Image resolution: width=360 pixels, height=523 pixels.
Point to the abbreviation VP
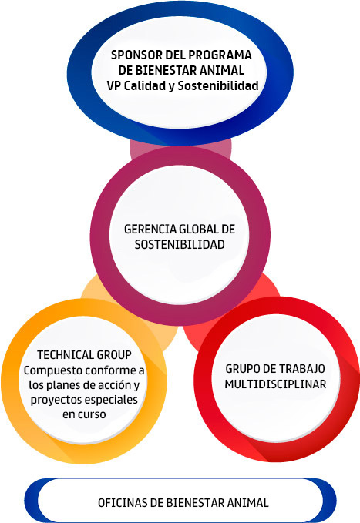point(114,85)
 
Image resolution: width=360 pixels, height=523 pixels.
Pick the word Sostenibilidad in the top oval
point(218,85)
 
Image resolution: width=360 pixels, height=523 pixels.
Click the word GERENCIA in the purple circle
point(150,230)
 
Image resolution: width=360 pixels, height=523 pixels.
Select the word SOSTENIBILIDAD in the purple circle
point(180,244)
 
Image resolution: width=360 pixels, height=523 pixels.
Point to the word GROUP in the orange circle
point(114,355)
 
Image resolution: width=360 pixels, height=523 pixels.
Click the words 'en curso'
point(84,414)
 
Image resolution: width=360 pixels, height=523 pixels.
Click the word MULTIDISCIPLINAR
point(275,384)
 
